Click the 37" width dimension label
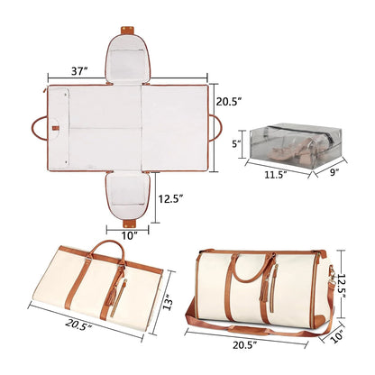coord(79,71)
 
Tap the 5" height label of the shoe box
coord(236,144)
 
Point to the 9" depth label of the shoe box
coord(333,172)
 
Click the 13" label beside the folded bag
coord(168,304)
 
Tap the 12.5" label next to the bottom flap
coord(171,198)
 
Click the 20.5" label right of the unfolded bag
coord(229,102)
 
